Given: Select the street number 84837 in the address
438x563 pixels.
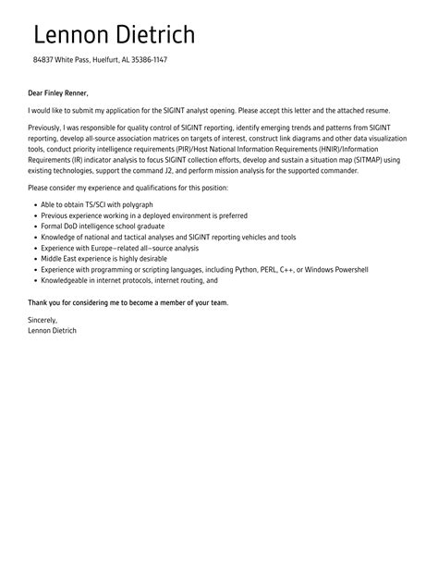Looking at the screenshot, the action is click(43, 60).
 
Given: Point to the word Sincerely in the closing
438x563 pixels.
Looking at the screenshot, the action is click(43, 320).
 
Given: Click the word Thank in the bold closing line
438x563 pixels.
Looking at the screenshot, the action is click(38, 302).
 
